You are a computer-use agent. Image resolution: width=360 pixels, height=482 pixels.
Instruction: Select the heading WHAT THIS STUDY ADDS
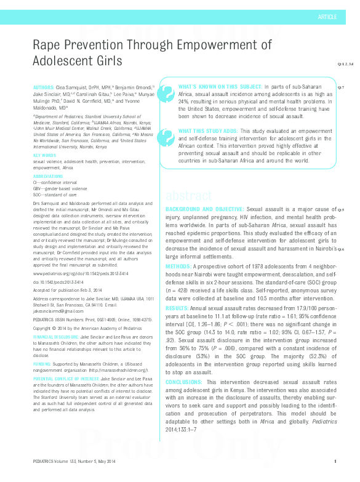[x=208, y=131]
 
